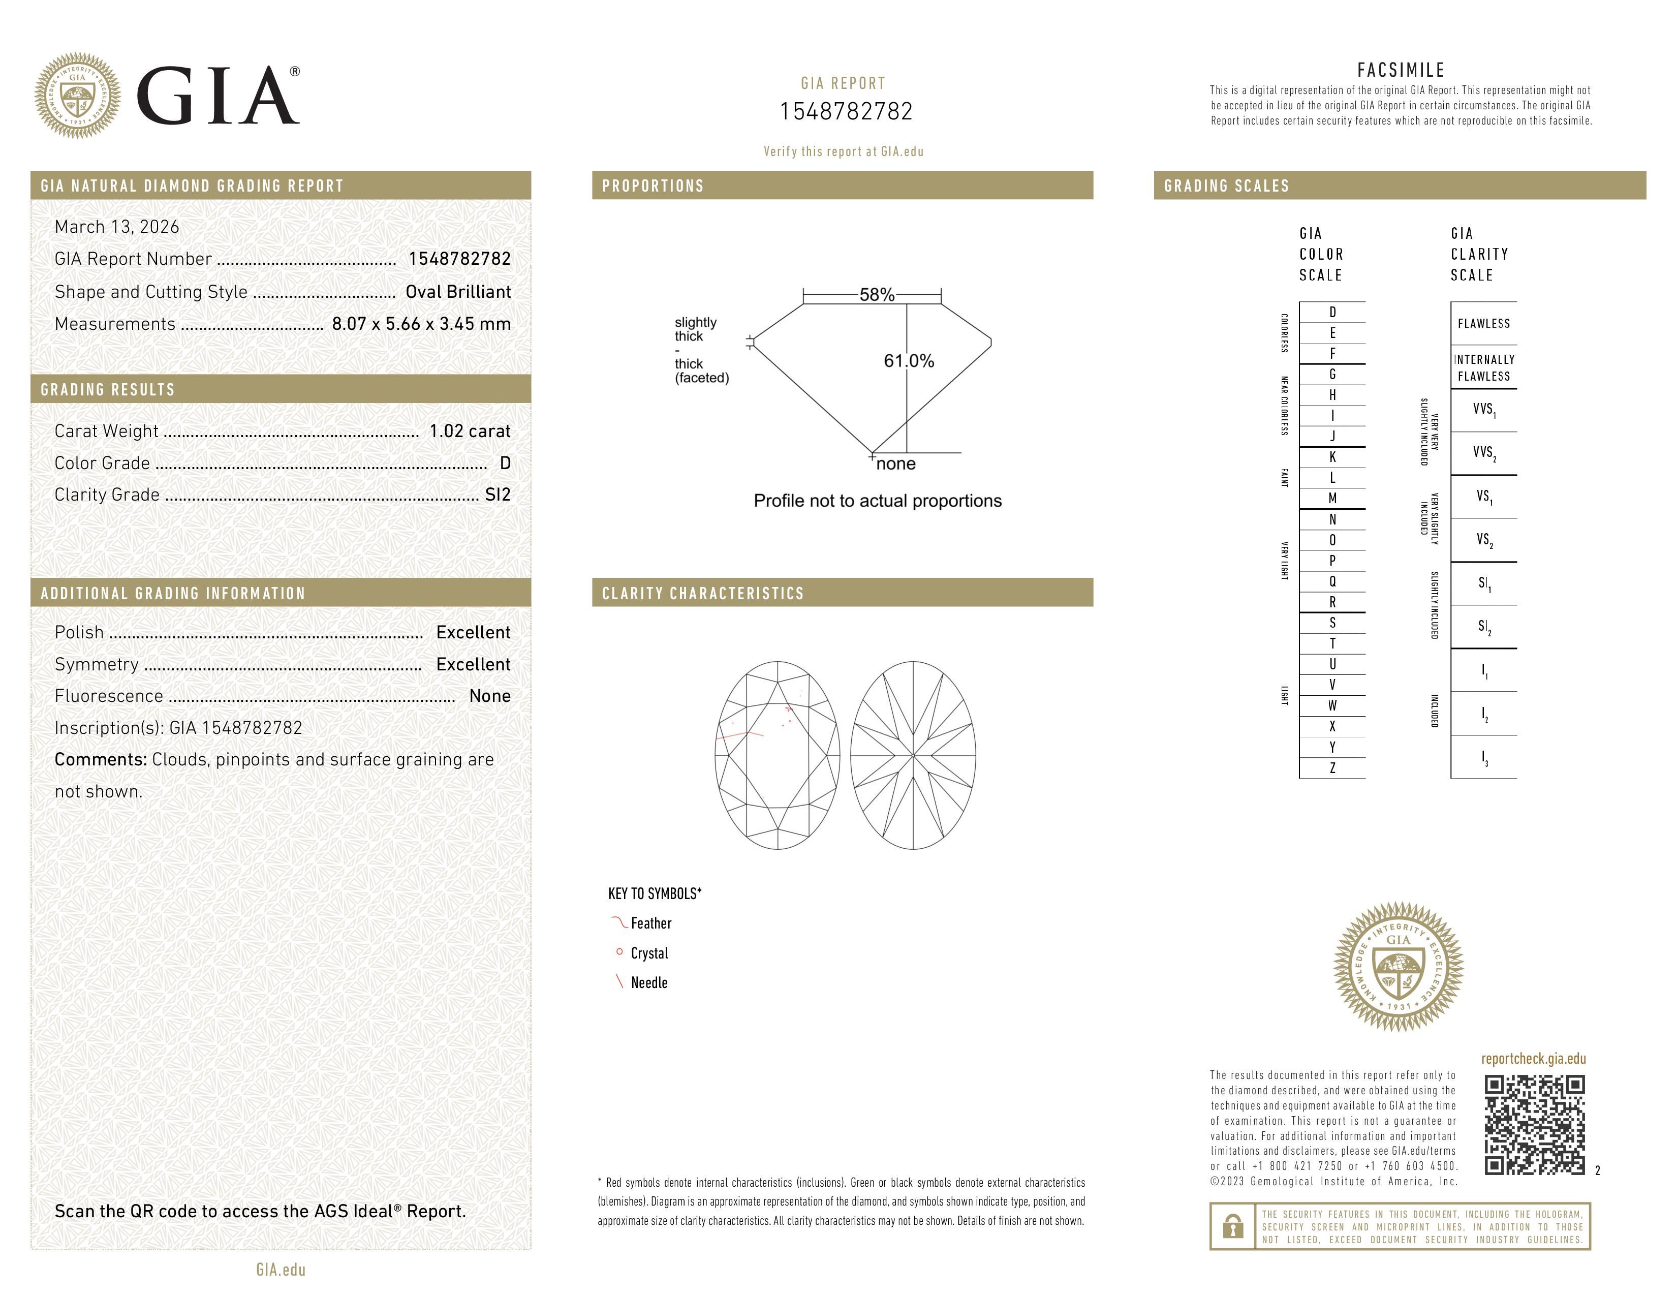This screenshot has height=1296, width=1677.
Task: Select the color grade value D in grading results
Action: (x=505, y=463)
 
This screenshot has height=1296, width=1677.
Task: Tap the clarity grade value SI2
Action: (x=498, y=495)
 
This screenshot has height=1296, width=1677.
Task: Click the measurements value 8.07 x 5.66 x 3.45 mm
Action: (x=421, y=324)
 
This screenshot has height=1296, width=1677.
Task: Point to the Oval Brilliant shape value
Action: (x=458, y=292)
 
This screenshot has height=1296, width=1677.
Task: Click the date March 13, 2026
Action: (x=117, y=227)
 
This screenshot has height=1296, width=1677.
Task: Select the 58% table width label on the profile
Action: (x=876, y=295)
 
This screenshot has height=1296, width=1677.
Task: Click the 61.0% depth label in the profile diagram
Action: (x=909, y=361)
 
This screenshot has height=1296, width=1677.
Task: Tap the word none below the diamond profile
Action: (x=895, y=464)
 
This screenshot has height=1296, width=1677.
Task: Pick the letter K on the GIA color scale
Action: (x=1332, y=457)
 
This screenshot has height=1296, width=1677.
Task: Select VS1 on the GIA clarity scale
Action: (x=1483, y=497)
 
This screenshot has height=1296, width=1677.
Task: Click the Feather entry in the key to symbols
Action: (x=650, y=923)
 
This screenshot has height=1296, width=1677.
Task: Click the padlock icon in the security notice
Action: (x=1232, y=1226)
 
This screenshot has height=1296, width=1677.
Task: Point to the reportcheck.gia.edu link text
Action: (x=1533, y=1059)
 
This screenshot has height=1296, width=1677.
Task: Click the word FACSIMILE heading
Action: (x=1401, y=70)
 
